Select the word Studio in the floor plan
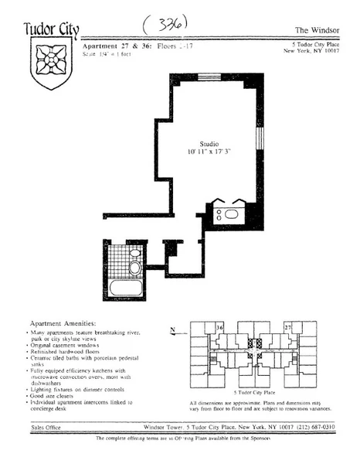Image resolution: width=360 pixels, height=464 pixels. coord(209,144)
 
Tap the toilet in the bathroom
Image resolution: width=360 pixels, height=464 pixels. coord(134,268)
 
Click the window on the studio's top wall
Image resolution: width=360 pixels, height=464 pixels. coord(209,76)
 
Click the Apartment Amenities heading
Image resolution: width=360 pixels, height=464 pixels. coord(63,322)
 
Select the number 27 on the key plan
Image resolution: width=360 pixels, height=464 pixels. coord(287,328)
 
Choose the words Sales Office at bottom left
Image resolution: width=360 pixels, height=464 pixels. coord(49,426)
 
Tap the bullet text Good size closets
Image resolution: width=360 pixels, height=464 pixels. coord(61,395)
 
